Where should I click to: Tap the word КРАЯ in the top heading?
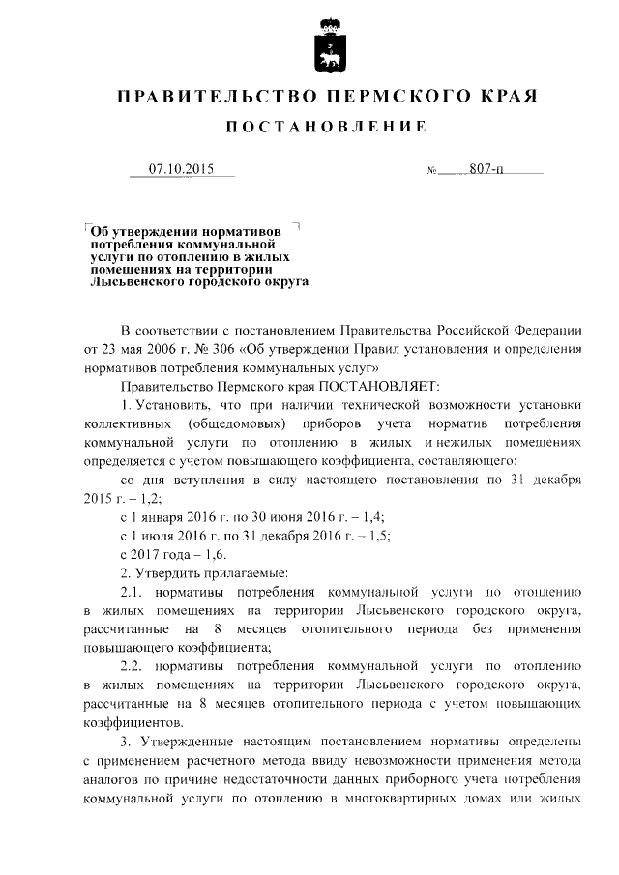click(x=503, y=97)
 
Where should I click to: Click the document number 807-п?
click(x=486, y=170)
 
